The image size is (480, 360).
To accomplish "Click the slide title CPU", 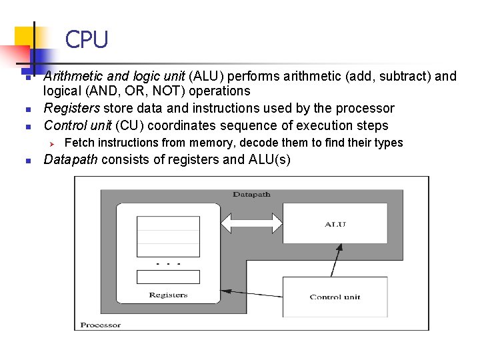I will click(86, 41).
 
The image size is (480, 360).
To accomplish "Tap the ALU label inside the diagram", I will click(335, 224).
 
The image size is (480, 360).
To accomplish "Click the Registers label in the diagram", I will click(168, 295).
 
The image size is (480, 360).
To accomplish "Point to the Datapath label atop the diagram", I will click(251, 194).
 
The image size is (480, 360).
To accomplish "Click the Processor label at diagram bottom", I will click(101, 325).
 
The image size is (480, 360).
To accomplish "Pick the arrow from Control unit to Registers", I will click(253, 294).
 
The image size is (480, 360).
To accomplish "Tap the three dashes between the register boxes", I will click(168, 264).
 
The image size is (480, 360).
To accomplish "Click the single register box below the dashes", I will click(168, 276).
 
